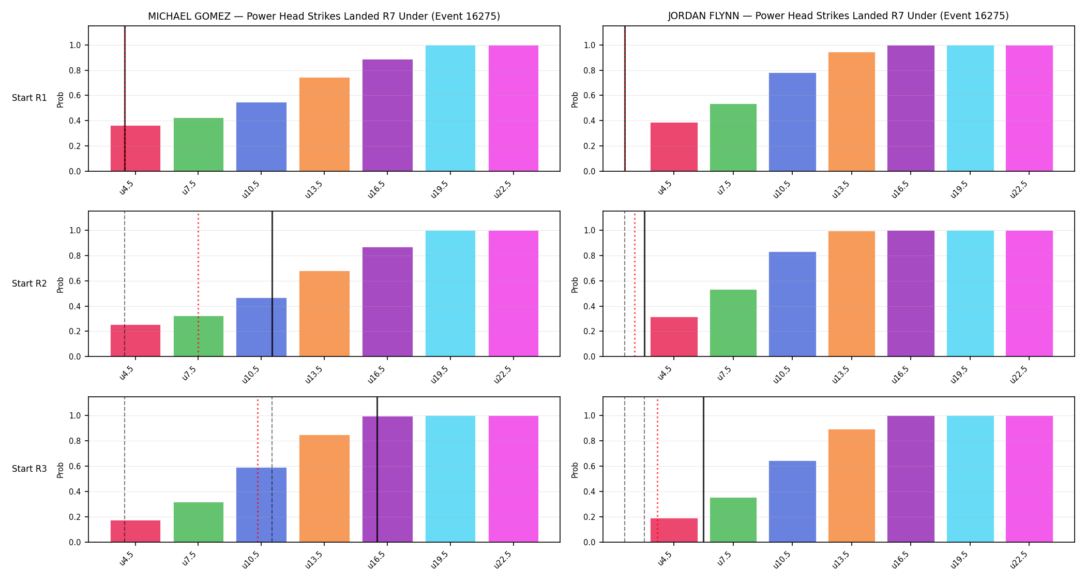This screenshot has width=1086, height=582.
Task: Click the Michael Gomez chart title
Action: click(x=324, y=16)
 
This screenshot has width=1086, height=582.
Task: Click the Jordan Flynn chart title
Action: click(x=838, y=16)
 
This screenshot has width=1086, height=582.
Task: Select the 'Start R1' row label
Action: click(x=29, y=98)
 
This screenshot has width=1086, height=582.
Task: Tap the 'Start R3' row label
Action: click(x=29, y=469)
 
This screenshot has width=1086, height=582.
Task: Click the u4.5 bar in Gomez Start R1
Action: click(x=135, y=148)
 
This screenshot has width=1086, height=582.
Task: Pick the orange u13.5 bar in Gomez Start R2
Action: click(x=324, y=314)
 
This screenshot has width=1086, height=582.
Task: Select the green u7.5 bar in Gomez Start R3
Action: click(x=199, y=522)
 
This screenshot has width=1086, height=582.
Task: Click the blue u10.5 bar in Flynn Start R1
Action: click(x=792, y=122)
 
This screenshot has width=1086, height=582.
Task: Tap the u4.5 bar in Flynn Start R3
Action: click(x=674, y=530)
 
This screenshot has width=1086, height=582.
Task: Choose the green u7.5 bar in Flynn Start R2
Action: click(x=733, y=323)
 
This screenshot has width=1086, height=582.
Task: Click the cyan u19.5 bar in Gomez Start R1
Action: click(x=450, y=108)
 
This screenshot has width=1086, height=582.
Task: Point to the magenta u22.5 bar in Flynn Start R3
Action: click(x=1029, y=479)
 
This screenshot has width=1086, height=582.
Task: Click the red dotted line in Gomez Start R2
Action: click(x=198, y=284)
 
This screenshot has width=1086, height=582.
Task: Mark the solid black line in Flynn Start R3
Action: click(x=703, y=470)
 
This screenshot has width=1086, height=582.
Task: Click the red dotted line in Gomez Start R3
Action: click(x=258, y=470)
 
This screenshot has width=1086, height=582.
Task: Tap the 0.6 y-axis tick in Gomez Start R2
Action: click(x=75, y=281)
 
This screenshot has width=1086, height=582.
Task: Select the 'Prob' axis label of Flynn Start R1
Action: click(x=575, y=99)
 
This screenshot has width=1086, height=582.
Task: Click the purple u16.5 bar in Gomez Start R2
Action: click(x=387, y=302)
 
